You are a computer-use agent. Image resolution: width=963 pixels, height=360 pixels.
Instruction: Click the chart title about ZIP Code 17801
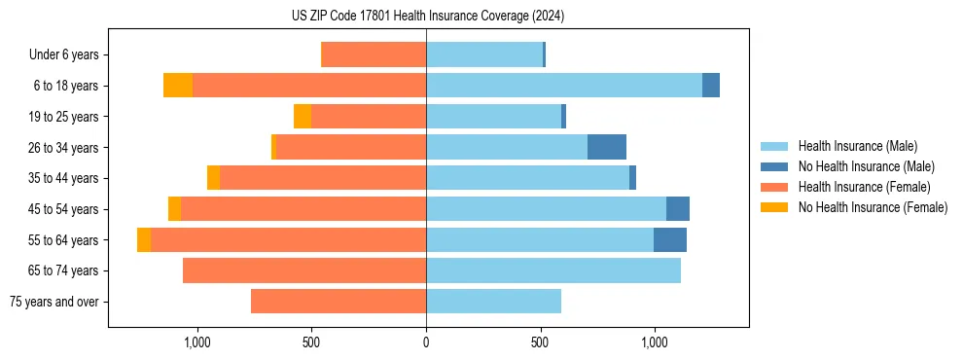tap(427, 17)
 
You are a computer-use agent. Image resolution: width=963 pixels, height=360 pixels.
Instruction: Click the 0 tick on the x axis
tap(426, 342)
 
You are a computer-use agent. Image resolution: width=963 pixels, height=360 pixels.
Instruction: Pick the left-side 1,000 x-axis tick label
tap(197, 342)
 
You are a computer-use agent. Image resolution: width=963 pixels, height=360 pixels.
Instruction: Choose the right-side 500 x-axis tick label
tap(540, 342)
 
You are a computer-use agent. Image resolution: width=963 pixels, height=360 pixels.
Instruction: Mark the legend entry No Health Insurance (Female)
tap(873, 207)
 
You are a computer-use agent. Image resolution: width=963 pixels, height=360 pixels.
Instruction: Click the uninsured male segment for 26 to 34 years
tap(607, 147)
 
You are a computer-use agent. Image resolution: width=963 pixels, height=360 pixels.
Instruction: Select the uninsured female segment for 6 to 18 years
tap(178, 86)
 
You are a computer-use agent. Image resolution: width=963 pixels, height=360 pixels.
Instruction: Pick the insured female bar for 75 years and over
tap(339, 302)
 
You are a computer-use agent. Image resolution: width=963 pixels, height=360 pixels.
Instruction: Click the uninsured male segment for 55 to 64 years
tap(670, 239)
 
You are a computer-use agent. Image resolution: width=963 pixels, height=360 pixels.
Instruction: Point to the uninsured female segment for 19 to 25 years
tap(303, 116)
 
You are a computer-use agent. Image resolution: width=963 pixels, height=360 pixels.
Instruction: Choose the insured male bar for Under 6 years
tap(484, 54)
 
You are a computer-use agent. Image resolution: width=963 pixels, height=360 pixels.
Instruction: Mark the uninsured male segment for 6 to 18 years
tap(711, 86)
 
